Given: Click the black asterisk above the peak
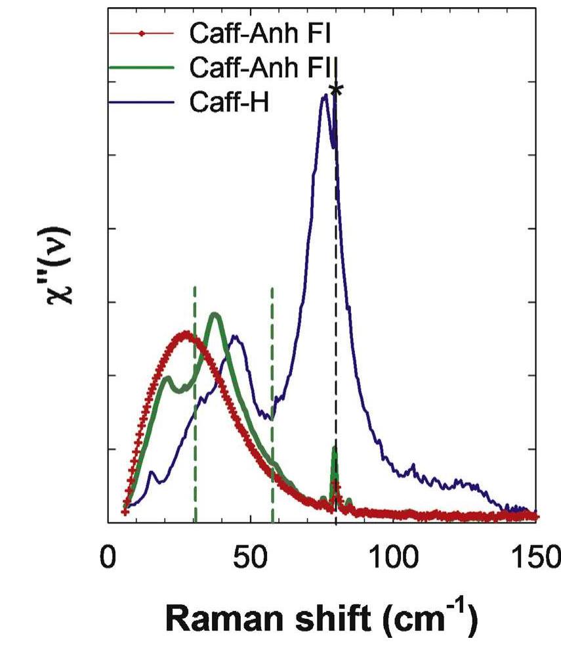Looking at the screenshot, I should coord(336,90).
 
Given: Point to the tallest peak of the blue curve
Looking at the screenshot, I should coord(323,97).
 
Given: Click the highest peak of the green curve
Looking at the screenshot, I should coord(215,315).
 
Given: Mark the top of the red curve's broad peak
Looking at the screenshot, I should coord(186,334).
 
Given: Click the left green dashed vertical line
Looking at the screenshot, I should coord(195,407).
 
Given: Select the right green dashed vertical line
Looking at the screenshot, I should coord(272,407).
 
